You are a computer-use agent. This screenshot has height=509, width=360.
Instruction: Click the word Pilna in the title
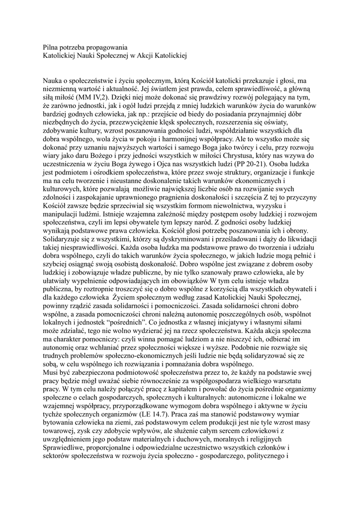click(x=51, y=47)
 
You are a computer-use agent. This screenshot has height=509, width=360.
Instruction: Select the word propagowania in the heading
click(x=108, y=47)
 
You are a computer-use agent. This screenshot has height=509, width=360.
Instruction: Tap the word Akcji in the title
click(x=143, y=56)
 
